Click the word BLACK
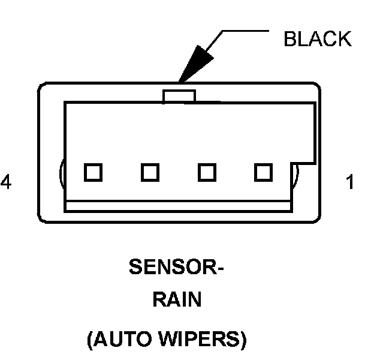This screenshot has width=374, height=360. pyautogui.click(x=318, y=39)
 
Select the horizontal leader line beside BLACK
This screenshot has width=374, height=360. pyautogui.click(x=246, y=31)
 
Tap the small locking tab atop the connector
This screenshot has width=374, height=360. pyautogui.click(x=179, y=96)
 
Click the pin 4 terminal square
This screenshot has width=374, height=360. pyautogui.click(x=93, y=172)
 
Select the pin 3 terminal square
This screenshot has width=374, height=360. pyautogui.click(x=150, y=172)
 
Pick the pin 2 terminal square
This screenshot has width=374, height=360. pyautogui.click(x=207, y=172)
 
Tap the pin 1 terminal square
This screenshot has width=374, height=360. pyautogui.click(x=263, y=172)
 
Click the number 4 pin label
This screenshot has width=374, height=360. pyautogui.click(x=6, y=182)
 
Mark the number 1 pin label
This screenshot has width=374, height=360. pyautogui.click(x=350, y=182)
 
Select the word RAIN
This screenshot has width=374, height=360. pyautogui.click(x=177, y=299)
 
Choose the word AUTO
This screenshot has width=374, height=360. pyautogui.click(x=122, y=338)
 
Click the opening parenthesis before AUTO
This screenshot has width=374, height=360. pyautogui.click(x=90, y=340)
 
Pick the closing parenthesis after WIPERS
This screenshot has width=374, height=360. pyautogui.click(x=244, y=340)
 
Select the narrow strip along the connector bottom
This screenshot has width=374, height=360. pyautogui.click(x=179, y=206)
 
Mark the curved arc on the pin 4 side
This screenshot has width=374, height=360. pyautogui.click(x=61, y=173)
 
